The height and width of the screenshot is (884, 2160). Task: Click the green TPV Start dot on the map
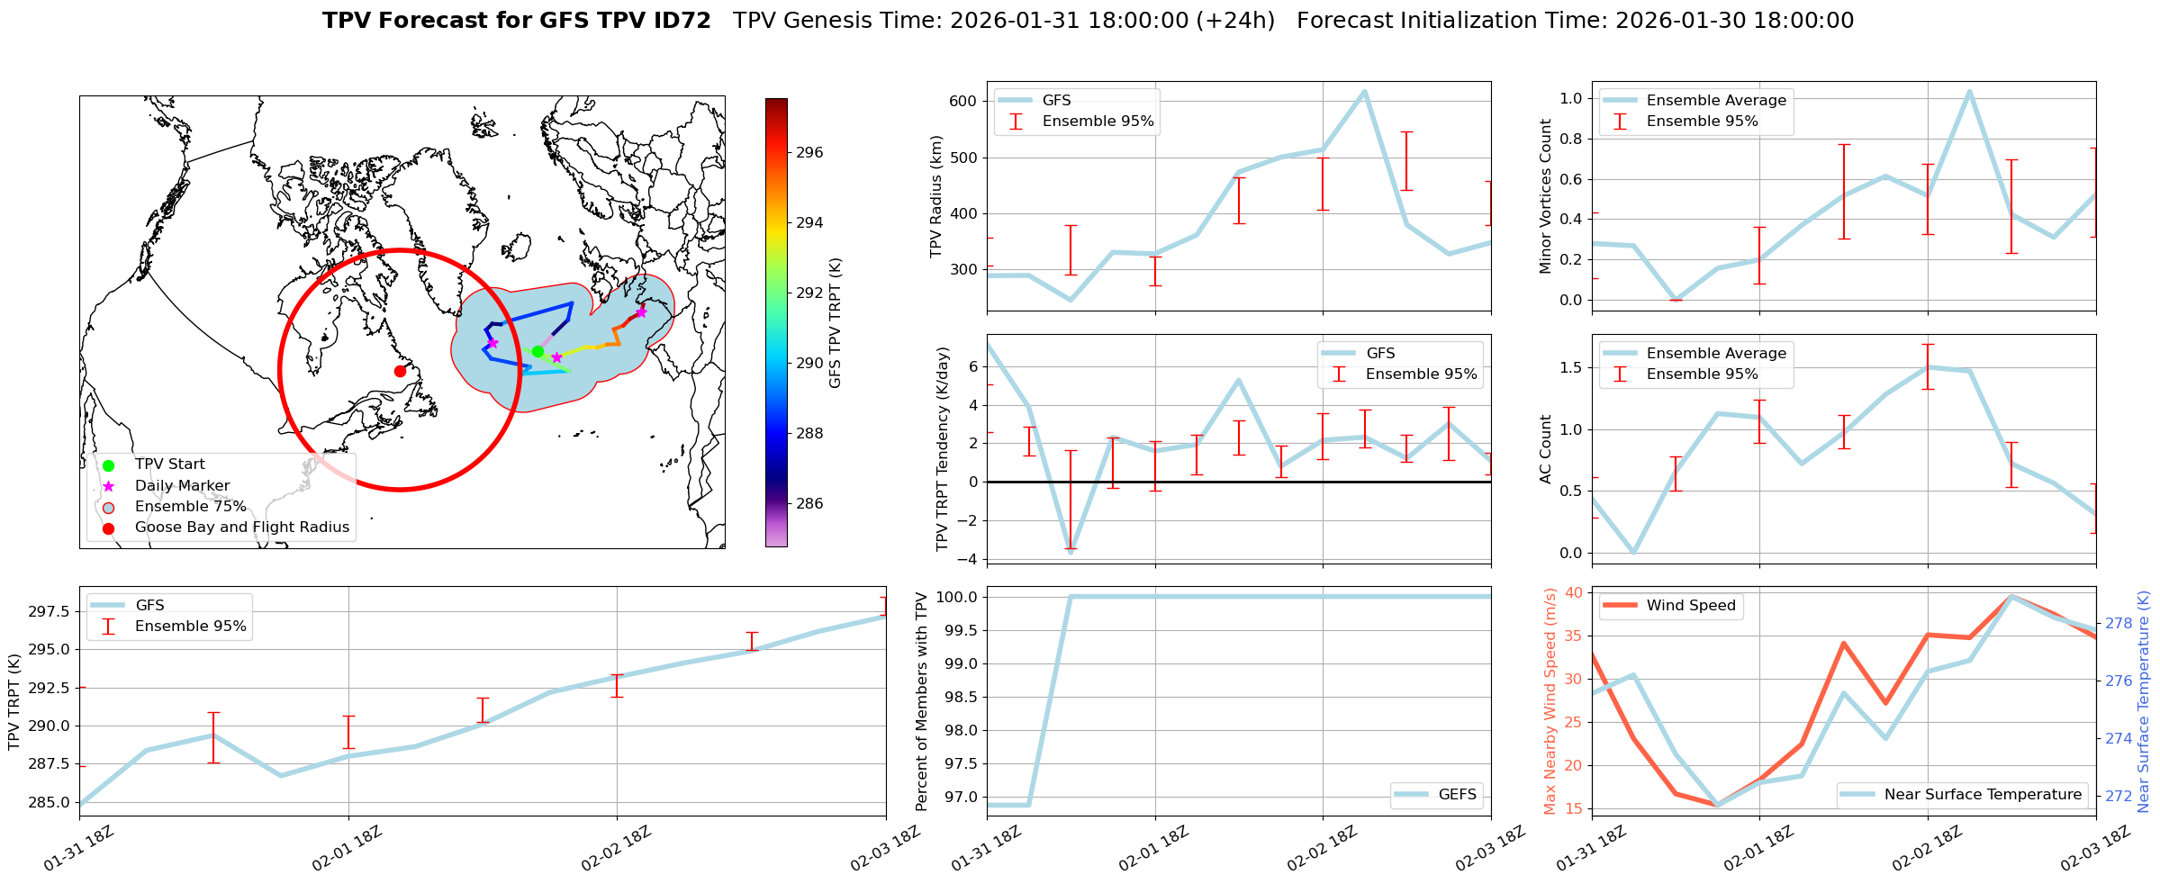tap(538, 351)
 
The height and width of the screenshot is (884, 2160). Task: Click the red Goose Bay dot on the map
tap(400, 371)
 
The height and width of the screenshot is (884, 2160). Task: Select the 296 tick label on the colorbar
tap(809, 153)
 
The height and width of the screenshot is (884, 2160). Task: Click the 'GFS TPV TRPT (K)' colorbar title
tap(836, 323)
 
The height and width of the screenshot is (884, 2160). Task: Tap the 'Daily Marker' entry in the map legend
tap(182, 485)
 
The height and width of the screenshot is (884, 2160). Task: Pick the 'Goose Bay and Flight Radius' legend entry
tap(241, 528)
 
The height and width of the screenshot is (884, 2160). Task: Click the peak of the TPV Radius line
tap(1364, 91)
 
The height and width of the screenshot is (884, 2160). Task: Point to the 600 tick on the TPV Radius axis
tap(963, 101)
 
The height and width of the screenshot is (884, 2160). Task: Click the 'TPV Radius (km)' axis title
tap(936, 196)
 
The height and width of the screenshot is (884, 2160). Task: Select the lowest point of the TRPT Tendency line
tap(1071, 552)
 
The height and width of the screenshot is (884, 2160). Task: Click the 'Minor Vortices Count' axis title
tap(1546, 196)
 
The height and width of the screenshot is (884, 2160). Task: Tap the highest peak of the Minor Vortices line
tap(1969, 91)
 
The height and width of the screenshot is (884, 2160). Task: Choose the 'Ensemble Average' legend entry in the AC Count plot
tap(1716, 354)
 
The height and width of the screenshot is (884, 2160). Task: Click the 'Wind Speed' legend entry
tap(1690, 606)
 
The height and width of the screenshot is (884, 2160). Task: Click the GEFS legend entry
tap(1457, 795)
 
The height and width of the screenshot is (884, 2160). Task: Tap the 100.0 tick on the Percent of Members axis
tap(956, 598)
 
